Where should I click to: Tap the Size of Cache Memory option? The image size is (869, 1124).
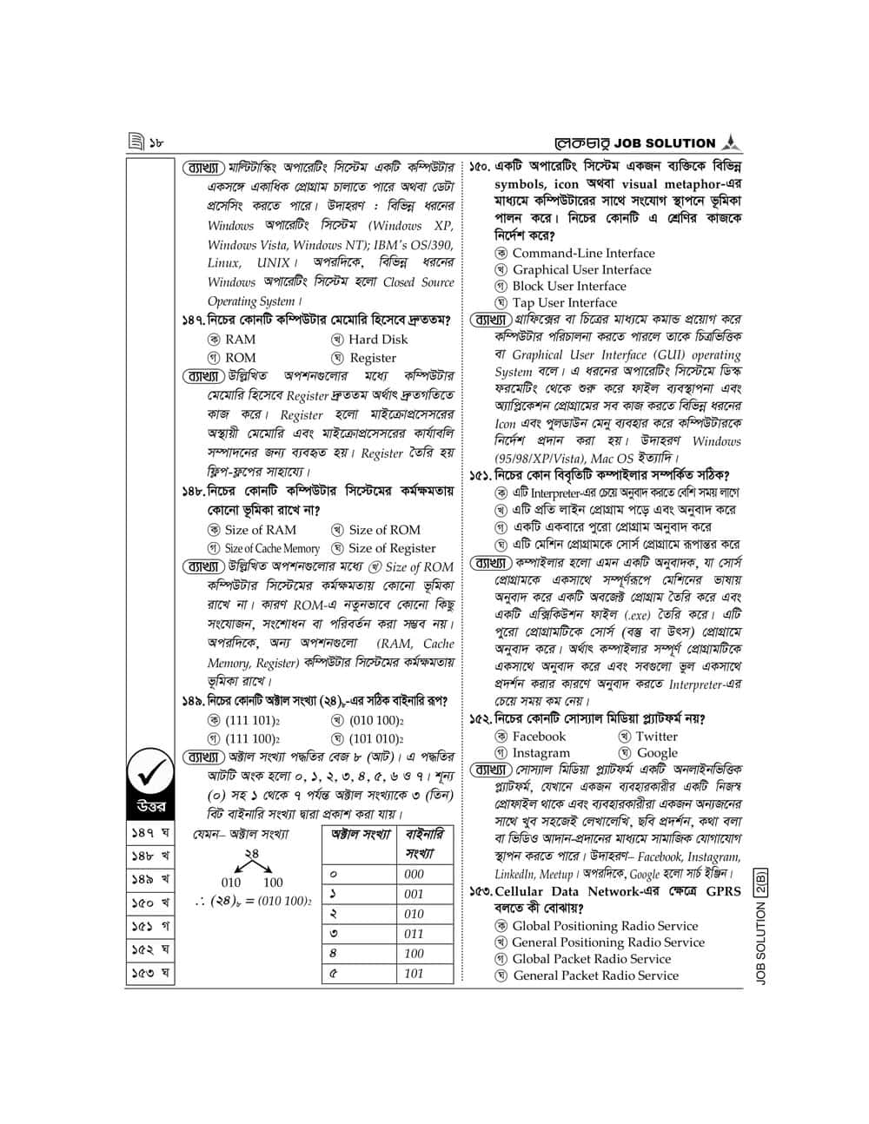264,548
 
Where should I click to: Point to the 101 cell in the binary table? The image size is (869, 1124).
415,974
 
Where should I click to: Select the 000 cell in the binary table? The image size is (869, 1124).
415,874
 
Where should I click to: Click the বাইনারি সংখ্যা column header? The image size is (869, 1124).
425,843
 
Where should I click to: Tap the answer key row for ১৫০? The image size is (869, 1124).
149,903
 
